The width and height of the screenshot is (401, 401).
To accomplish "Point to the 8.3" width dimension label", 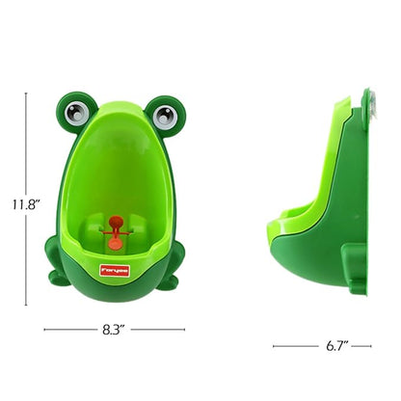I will coord(116,329).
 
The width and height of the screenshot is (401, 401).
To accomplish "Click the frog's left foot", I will coord(60,281).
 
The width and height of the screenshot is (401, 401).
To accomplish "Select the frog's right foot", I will coord(172,281).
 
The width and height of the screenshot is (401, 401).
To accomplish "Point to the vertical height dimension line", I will coord(27,145).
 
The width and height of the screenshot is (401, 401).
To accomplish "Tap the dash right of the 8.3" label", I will coord(159,329).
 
